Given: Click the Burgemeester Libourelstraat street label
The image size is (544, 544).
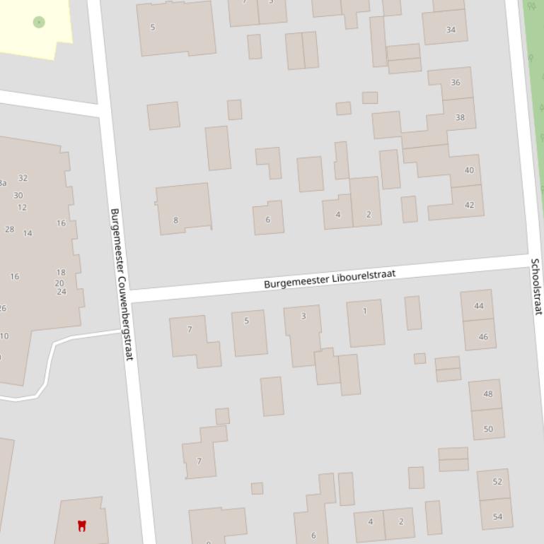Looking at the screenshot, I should pos(330,278).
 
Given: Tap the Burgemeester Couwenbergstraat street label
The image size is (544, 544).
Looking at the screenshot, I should pos(121,284).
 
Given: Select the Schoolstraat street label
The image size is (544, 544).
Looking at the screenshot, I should pos(536,286).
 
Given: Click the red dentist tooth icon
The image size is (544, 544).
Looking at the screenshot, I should pos(81,525).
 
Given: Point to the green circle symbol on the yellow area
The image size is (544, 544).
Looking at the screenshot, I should pos(39,22).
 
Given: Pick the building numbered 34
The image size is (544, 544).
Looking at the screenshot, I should pos(451,30).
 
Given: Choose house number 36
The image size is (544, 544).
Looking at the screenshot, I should pos(455,83).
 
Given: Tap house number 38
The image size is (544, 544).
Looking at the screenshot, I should pos(460,117).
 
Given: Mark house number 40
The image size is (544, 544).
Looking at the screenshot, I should pos(469,170).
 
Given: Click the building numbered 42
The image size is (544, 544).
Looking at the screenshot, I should pos(470,205).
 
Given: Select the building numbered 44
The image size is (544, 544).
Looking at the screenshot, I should pos(479,306).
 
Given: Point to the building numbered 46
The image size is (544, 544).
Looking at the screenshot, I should pos(483,337).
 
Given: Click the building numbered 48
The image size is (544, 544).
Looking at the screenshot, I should pos(487,394).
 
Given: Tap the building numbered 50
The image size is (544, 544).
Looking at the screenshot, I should pos(488,429).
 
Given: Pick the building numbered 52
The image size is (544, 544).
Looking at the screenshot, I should pos(497,482).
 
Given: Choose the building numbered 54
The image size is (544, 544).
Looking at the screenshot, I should pos(497,516).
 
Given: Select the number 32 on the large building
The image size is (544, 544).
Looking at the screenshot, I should pos(23,178).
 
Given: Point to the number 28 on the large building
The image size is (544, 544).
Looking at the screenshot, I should pos(9,229).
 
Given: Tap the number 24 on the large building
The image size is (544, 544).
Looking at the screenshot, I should pos(62,292).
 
